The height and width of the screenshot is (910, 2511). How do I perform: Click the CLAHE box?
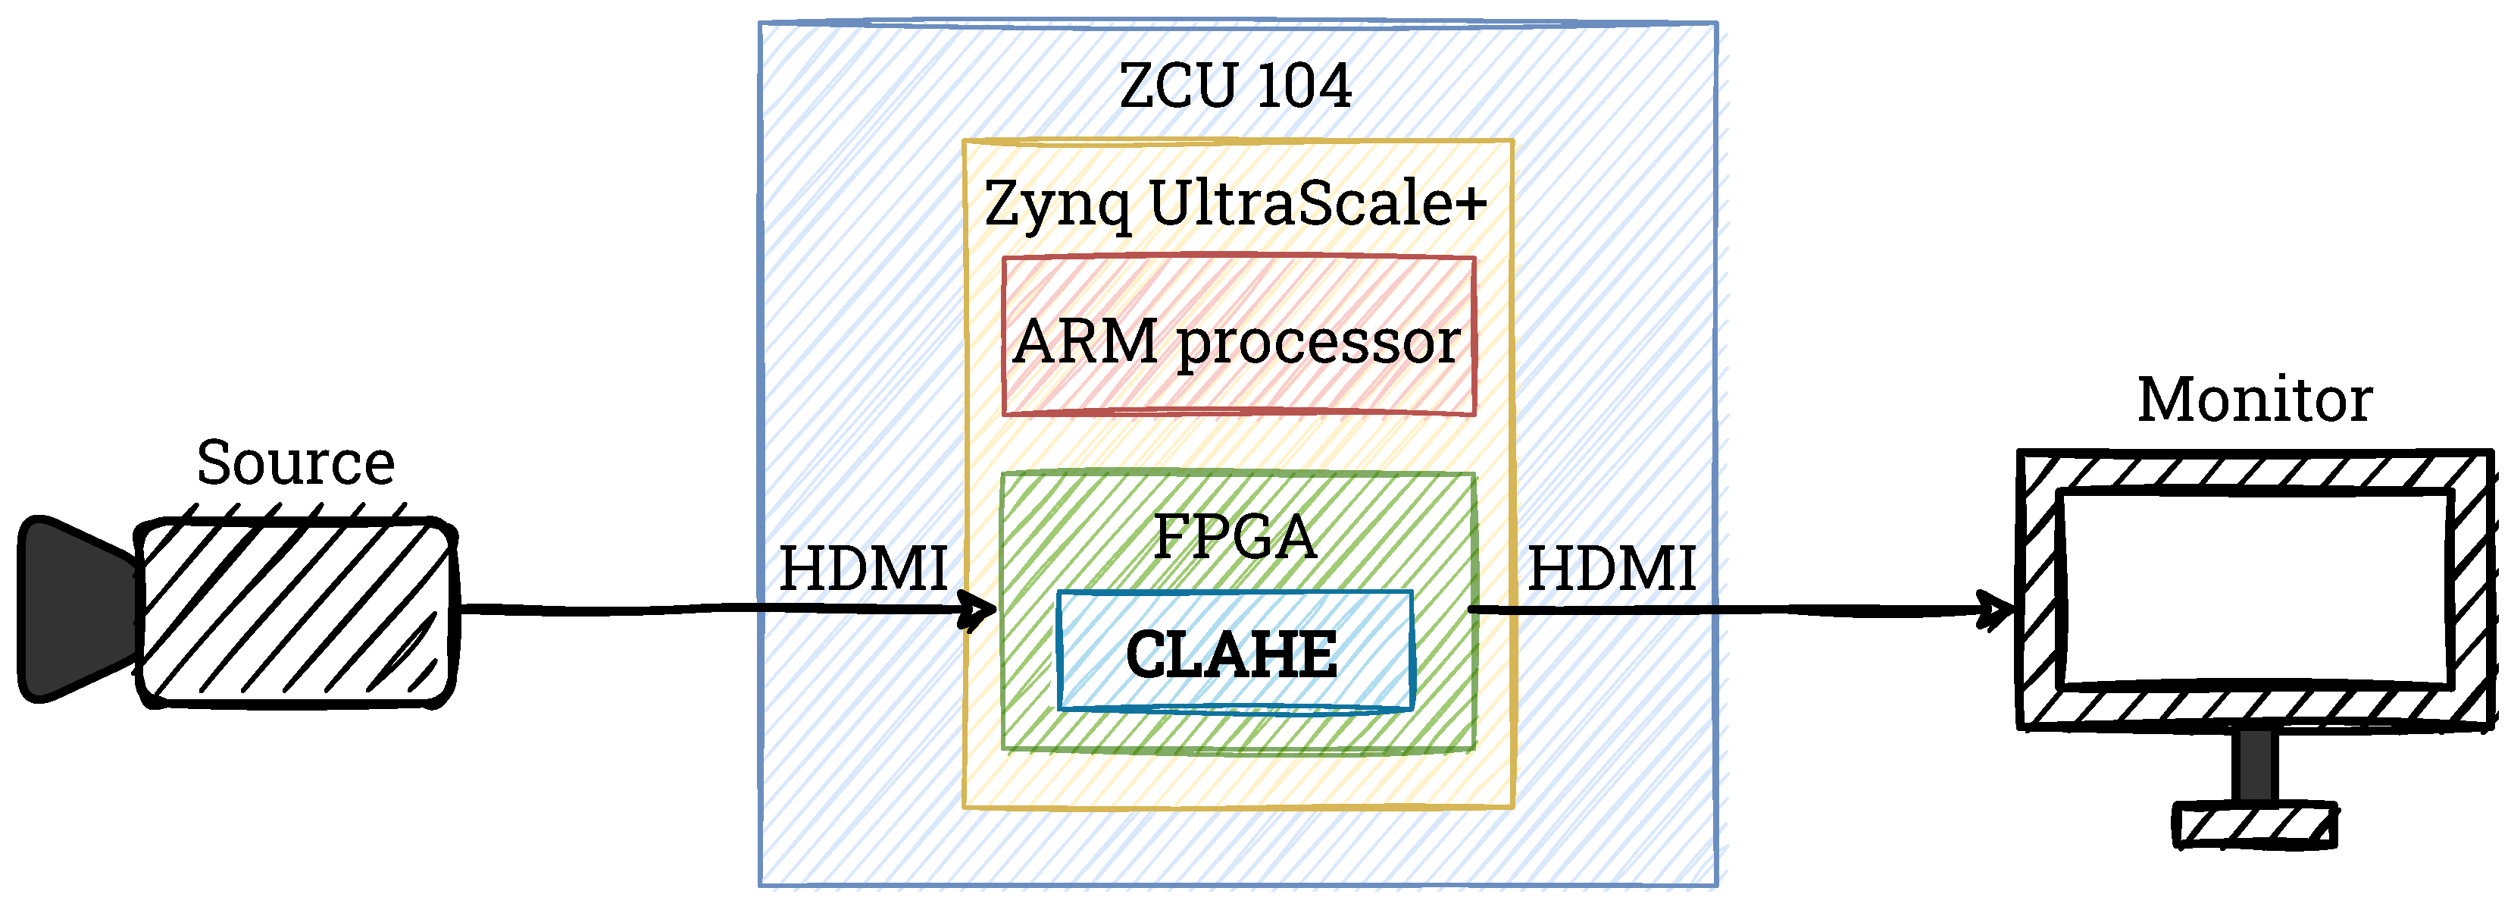[x=1235, y=651]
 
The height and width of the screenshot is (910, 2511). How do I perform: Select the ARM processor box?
[x=1238, y=337]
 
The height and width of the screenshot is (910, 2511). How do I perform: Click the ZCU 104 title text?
[x=1235, y=85]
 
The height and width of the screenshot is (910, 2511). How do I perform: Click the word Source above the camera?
[x=296, y=463]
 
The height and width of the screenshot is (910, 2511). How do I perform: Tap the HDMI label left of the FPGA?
[x=863, y=569]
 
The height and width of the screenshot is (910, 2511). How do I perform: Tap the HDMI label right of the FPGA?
[x=1612, y=569]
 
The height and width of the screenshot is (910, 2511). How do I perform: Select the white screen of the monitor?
[x=2253, y=589]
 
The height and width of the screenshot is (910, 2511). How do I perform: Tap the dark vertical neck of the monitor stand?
[x=2253, y=767]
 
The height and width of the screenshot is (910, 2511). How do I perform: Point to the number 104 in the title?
[x=1304, y=85]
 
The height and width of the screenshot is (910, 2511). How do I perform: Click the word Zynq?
[x=1058, y=205]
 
